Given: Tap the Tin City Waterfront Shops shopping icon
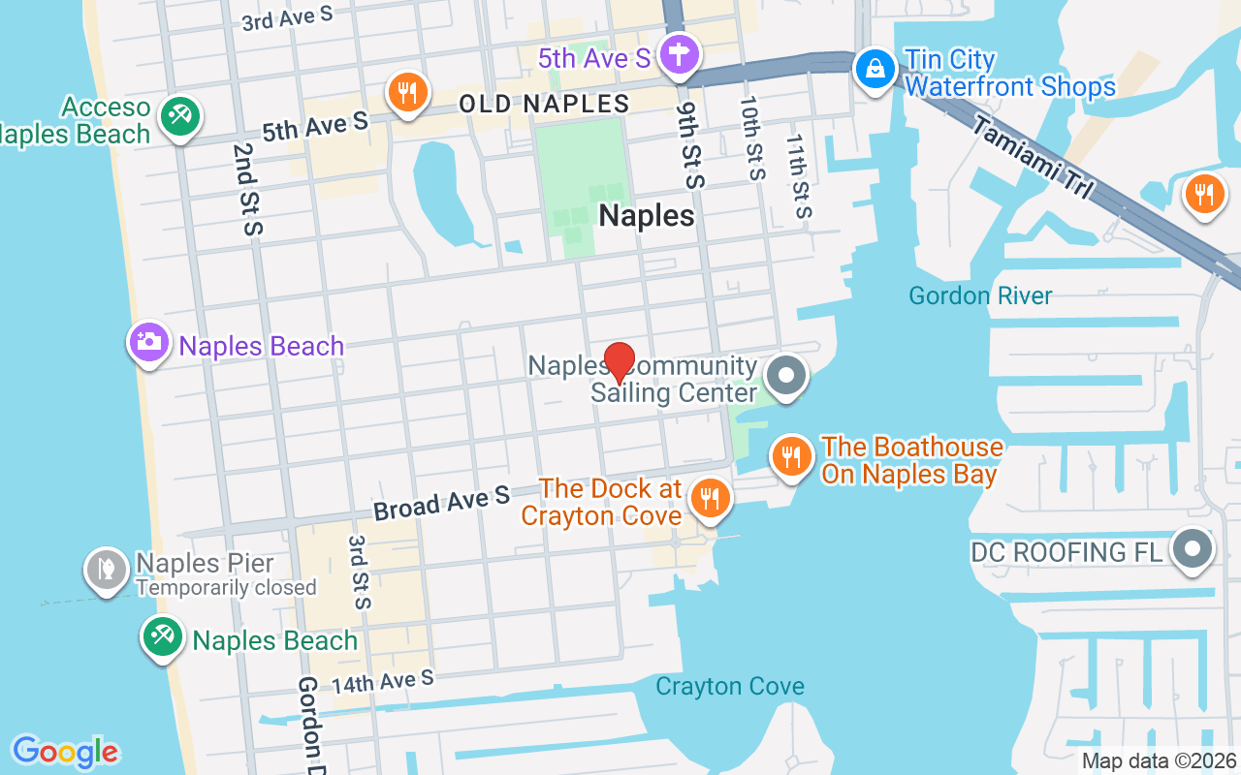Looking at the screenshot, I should point(875,69).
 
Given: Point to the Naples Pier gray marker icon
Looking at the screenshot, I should point(107,569).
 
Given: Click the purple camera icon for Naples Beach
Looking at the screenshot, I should point(149,342).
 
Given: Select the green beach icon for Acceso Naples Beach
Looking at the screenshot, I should point(179,117).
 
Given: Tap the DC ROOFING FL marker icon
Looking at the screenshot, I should point(1193,549).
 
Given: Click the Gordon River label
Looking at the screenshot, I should point(980,295).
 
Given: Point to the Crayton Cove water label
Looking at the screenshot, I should point(729,687).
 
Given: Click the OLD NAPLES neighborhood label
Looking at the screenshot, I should point(544,104).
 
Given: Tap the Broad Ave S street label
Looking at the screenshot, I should point(441,504).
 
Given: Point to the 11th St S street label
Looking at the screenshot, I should point(798,176).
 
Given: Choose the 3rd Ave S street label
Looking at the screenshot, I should point(287,16).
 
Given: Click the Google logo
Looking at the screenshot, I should point(65,751).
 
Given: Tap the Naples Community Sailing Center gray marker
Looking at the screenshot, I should point(786,376).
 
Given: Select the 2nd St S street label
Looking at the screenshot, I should point(247,189).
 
